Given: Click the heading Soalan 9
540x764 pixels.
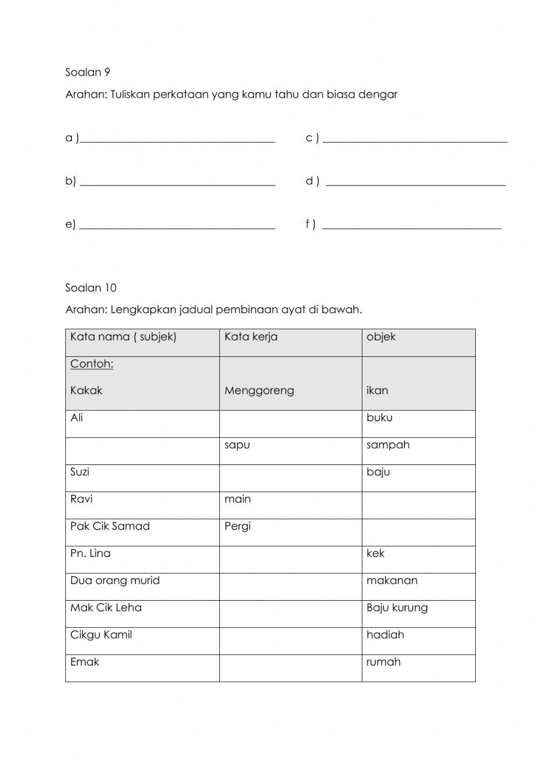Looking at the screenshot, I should pyautogui.click(x=87, y=72).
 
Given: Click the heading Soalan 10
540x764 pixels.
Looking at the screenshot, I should pyautogui.click(x=91, y=288).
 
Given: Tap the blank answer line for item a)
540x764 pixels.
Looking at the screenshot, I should pyautogui.click(x=177, y=140).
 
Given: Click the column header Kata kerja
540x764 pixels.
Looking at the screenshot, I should pyautogui.click(x=251, y=337).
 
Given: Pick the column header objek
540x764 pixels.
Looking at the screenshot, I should pyautogui.click(x=381, y=337).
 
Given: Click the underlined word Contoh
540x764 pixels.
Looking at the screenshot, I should pyautogui.click(x=91, y=364).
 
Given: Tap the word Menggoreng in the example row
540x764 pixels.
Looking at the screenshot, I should pyautogui.click(x=259, y=390).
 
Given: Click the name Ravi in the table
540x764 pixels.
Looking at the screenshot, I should pyautogui.click(x=81, y=499).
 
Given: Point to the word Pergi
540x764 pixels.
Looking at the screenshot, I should pyautogui.click(x=238, y=526).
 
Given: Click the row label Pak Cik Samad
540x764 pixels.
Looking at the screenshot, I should pyautogui.click(x=110, y=526).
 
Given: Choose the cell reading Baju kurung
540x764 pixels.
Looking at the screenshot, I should pyautogui.click(x=397, y=608).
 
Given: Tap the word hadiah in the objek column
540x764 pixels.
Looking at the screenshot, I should pyautogui.click(x=385, y=635).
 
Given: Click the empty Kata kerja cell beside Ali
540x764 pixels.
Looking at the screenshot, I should pyautogui.click(x=290, y=424).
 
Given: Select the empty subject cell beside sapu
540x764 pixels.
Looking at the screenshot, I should pyautogui.click(x=142, y=451).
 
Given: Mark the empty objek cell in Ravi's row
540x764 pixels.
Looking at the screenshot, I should pyautogui.click(x=418, y=505).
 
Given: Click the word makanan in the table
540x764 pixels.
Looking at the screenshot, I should pyautogui.click(x=391, y=581).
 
